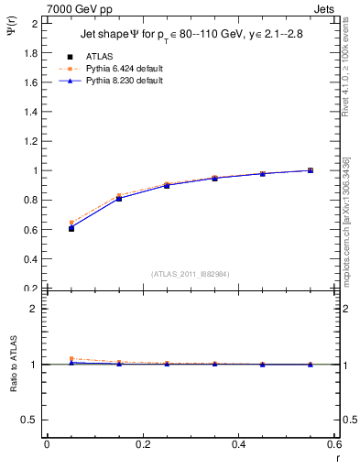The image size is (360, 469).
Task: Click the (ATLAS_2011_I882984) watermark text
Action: pyautogui.click(x=190, y=274)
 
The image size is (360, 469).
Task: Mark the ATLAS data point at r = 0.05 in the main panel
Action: pyautogui.click(x=71, y=228)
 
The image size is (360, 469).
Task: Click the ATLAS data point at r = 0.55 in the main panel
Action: pyautogui.click(x=311, y=170)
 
